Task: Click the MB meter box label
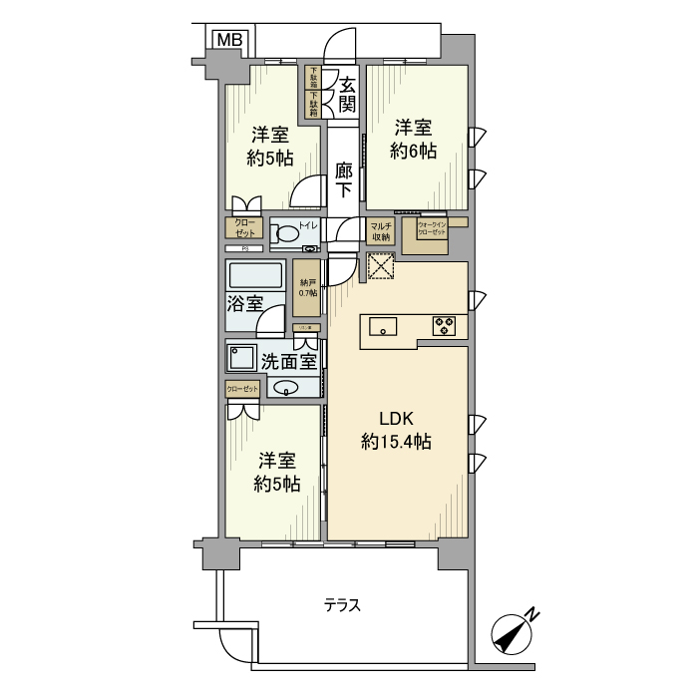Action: click(x=228, y=40)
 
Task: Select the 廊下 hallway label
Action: click(x=343, y=179)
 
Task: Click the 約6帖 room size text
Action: click(x=413, y=152)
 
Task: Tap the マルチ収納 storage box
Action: click(x=380, y=232)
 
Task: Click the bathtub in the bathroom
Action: click(x=255, y=275)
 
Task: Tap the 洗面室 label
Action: click(x=289, y=360)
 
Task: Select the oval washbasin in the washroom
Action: click(x=284, y=388)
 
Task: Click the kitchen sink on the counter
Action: click(x=384, y=326)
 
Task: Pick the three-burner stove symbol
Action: click(x=444, y=325)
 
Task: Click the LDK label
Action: click(x=395, y=419)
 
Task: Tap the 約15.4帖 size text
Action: click(x=396, y=442)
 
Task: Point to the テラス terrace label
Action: click(x=342, y=605)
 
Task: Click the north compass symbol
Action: click(x=515, y=632)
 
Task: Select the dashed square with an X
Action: click(x=381, y=267)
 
